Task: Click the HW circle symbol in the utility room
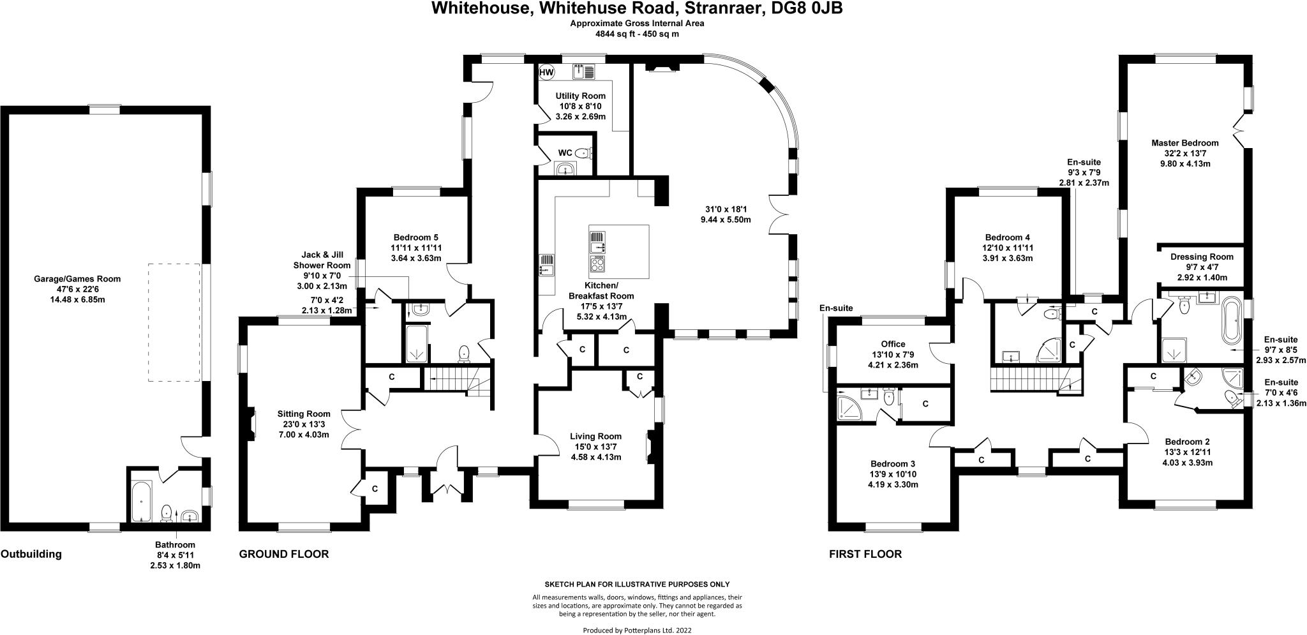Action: (546, 73)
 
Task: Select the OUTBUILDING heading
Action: (31, 554)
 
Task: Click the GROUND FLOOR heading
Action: (284, 554)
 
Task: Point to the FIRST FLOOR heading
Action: (865, 554)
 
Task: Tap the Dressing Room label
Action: (1202, 257)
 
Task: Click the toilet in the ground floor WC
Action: (583, 153)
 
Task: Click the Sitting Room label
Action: (303, 414)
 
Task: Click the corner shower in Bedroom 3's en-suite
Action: (848, 408)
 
